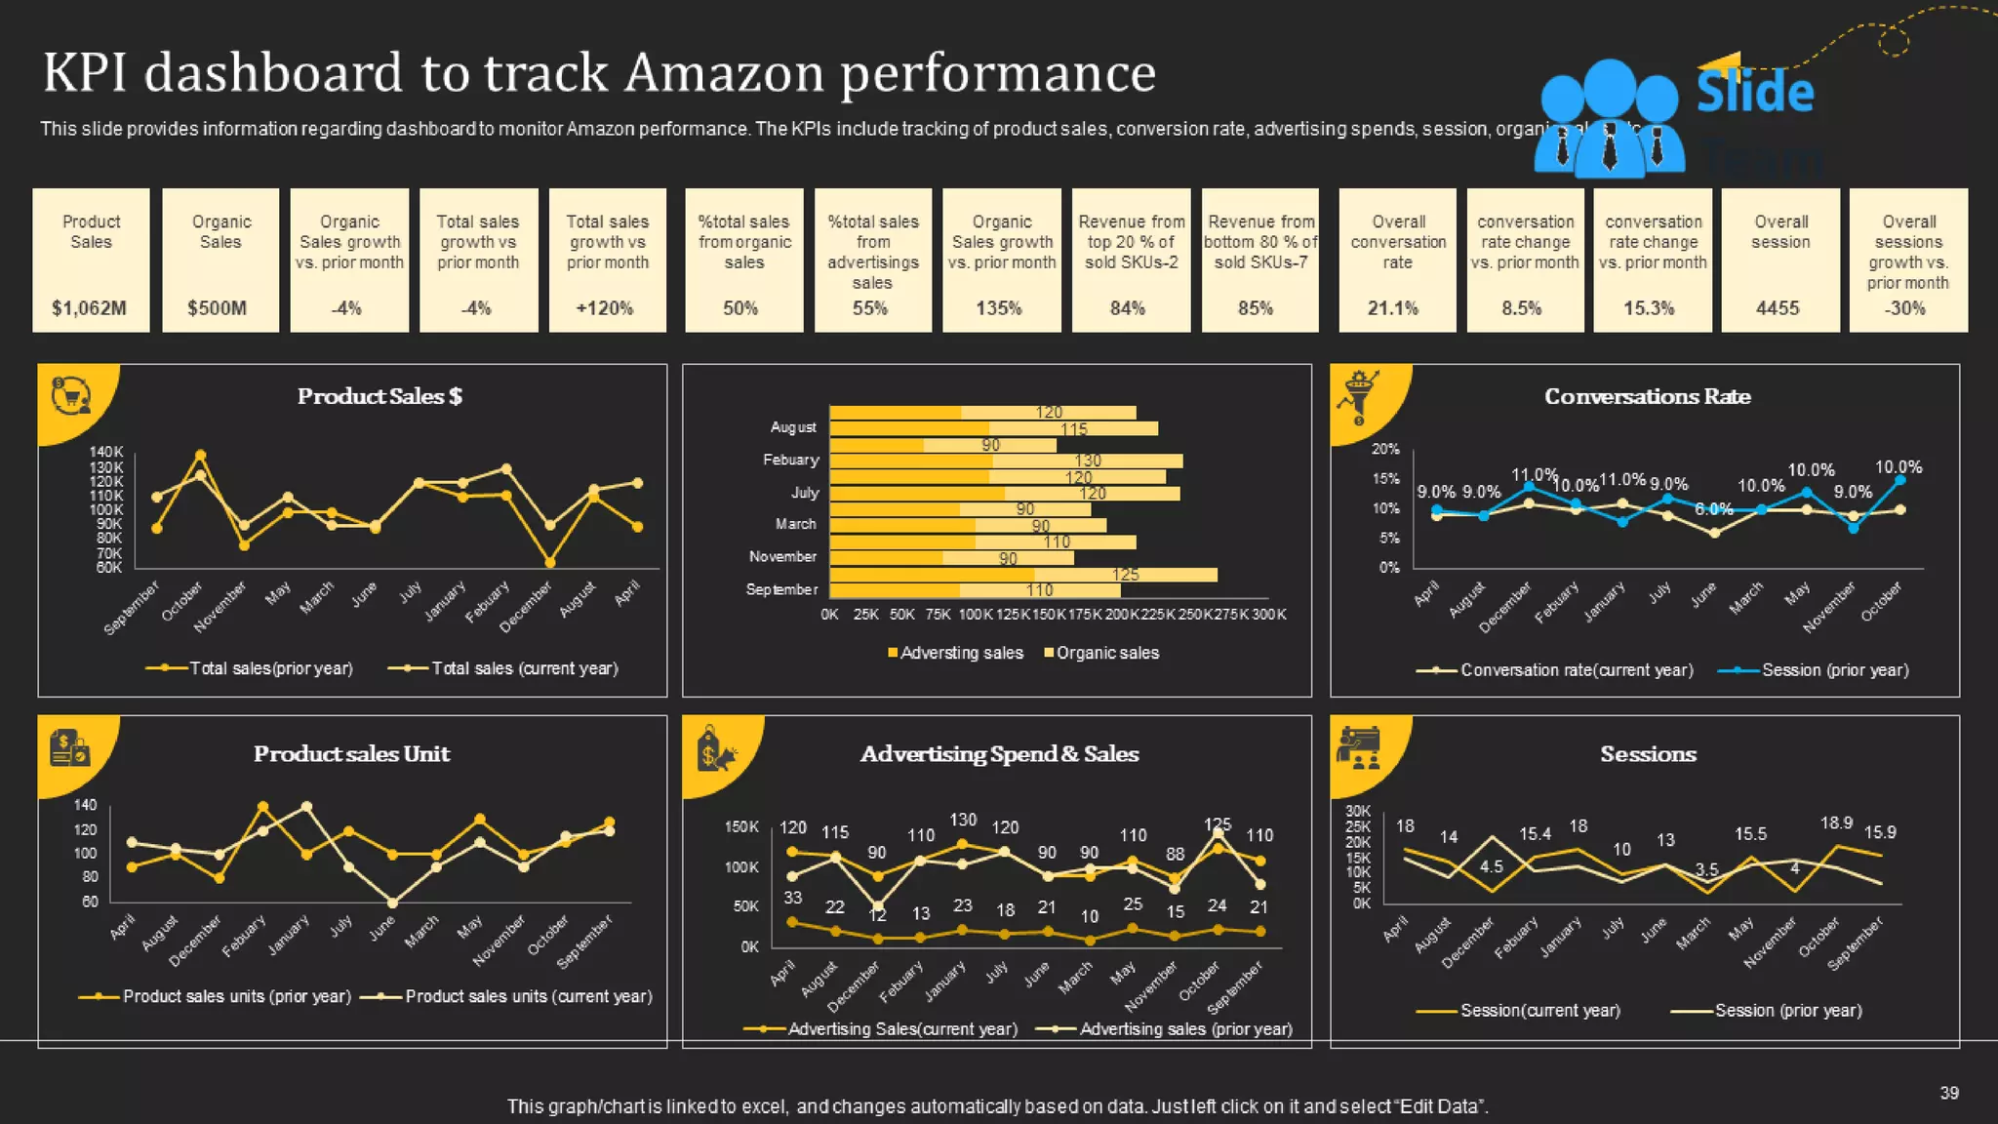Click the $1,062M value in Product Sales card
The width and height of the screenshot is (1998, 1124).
[x=89, y=308]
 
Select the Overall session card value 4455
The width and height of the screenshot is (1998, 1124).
[x=1777, y=308]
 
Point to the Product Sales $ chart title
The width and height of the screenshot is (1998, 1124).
[x=380, y=396]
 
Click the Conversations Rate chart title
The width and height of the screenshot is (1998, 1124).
[x=1647, y=396]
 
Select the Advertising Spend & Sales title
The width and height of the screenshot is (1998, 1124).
[x=999, y=754]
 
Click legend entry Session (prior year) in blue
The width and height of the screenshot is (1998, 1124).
[x=1834, y=670]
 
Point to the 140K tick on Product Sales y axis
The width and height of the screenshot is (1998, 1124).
[x=106, y=452]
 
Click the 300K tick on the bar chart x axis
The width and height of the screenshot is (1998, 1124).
[x=1268, y=615]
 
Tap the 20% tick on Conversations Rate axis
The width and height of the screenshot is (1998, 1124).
[x=1385, y=449]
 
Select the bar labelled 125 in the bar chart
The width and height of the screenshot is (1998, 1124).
[x=1125, y=575]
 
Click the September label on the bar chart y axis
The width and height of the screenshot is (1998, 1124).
[x=781, y=589]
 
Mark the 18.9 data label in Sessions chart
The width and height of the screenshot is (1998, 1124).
[x=1836, y=823]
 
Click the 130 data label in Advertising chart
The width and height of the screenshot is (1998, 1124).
[x=963, y=820]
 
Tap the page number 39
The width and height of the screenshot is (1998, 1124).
[x=1948, y=1093]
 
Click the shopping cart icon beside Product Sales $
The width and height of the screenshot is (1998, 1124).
[x=70, y=396]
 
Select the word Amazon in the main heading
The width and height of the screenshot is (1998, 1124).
[x=725, y=73]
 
